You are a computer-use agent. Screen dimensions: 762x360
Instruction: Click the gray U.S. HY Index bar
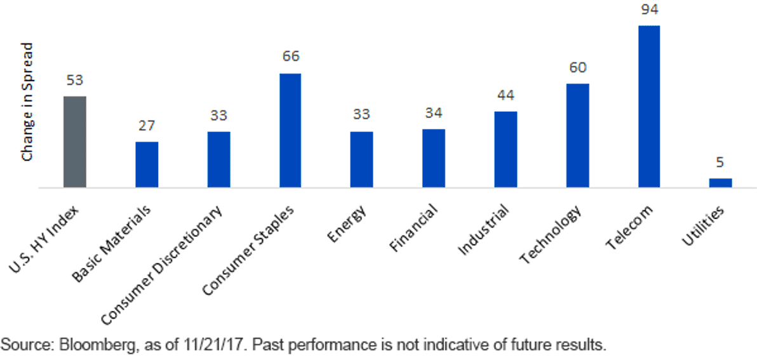coord(75,142)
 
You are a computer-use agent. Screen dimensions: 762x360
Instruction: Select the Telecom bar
coord(649,107)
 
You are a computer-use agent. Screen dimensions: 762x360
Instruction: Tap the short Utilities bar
coord(721,183)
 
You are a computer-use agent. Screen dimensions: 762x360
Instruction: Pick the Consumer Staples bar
coord(290,130)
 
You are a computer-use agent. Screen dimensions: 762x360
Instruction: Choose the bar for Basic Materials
coord(147,164)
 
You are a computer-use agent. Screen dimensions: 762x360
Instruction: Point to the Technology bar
coord(578,135)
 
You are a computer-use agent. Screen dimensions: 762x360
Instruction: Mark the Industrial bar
coord(506,149)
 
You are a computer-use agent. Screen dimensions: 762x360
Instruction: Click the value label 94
coord(650,9)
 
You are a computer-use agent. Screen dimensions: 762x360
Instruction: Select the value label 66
coord(291,56)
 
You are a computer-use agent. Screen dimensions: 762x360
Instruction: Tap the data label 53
coord(74,80)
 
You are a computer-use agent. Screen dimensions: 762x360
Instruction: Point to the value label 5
coord(720,163)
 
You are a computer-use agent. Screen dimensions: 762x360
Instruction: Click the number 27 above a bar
coord(147,126)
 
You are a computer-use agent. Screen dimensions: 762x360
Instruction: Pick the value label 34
coord(434,113)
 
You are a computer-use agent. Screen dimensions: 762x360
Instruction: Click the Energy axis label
coord(347,223)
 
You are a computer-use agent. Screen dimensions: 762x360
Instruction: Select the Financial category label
coord(413,228)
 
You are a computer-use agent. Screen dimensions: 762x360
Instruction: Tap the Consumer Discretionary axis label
coord(161,265)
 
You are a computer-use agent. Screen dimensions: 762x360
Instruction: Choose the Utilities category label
coord(703,225)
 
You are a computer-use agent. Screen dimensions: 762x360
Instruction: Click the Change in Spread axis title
coord(27,102)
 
